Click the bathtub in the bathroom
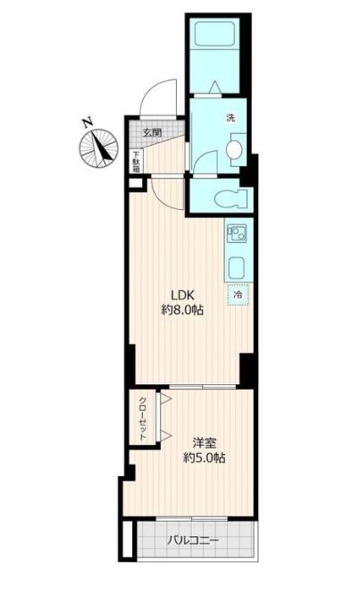[214, 34]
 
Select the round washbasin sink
[233, 150]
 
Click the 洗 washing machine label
[230, 118]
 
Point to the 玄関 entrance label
[152, 133]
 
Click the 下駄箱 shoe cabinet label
[137, 162]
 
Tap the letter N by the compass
[88, 122]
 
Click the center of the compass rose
[98, 148]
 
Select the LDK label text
[182, 295]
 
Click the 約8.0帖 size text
[181, 310]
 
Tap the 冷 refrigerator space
[239, 296]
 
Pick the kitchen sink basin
[237, 268]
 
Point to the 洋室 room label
[204, 443]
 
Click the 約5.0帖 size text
[204, 458]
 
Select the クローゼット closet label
[143, 418]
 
